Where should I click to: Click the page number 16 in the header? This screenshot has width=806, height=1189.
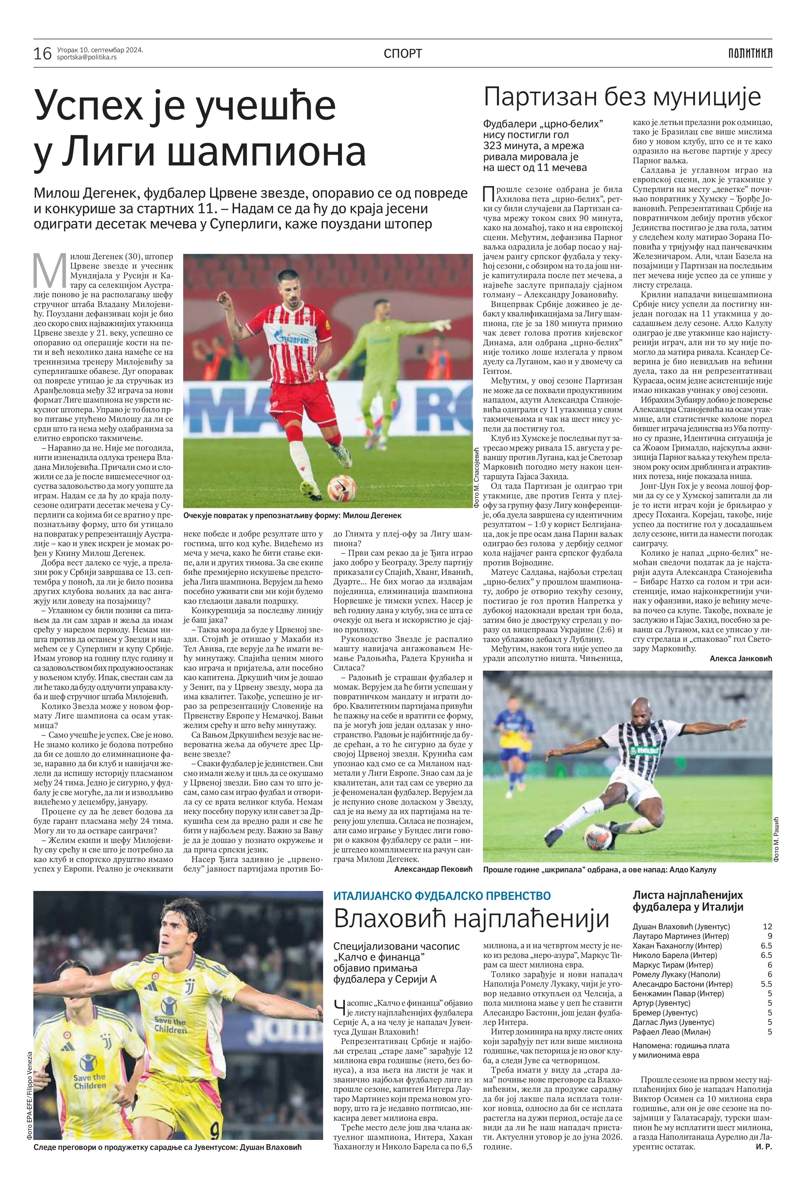point(43,53)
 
